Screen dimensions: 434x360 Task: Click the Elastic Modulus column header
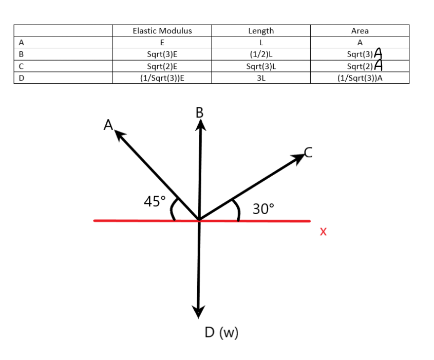162,31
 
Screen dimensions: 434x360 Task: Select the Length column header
261,31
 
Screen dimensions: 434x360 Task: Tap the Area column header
360,31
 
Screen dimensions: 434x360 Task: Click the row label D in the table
21,78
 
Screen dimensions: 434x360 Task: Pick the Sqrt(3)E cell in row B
162,53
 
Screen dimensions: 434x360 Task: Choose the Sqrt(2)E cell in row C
162,66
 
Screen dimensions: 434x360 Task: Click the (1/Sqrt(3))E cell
162,78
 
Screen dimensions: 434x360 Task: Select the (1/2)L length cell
261,53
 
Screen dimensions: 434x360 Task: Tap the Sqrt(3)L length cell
261,66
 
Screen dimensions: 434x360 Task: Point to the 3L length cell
261,78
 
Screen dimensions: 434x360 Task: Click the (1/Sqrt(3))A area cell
360,78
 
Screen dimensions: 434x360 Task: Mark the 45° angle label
155,201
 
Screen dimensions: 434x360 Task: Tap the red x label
323,232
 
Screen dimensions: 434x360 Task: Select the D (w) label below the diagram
221,333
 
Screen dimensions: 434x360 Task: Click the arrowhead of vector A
119,135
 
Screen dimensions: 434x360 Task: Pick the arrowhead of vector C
299,157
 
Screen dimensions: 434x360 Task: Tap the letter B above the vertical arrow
200,112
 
